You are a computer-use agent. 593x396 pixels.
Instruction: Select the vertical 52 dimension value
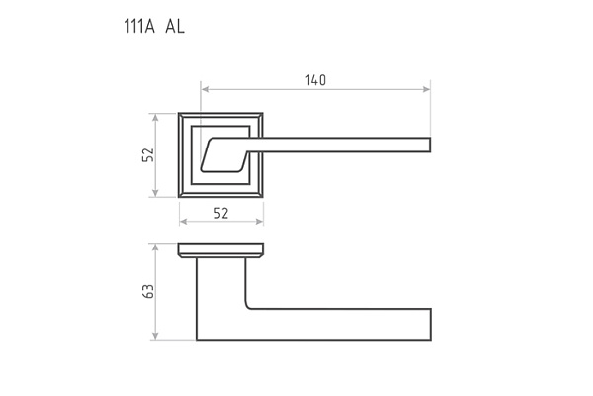pyautogui.click(x=148, y=154)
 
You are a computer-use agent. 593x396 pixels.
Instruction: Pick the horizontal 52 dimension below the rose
pyautogui.click(x=221, y=213)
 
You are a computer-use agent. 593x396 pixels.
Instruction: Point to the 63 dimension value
pyautogui.click(x=148, y=291)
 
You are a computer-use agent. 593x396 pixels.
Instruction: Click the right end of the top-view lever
pyautogui.click(x=430, y=146)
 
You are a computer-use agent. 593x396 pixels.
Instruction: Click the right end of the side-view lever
pyautogui.click(x=430, y=324)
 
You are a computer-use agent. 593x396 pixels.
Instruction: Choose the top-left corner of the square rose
pyautogui.click(x=180, y=114)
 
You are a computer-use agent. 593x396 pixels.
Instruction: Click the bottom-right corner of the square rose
pyautogui.click(x=264, y=197)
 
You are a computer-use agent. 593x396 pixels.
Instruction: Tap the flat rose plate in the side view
pyautogui.click(x=221, y=247)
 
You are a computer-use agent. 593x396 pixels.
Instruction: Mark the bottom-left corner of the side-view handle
pyautogui.click(x=198, y=339)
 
